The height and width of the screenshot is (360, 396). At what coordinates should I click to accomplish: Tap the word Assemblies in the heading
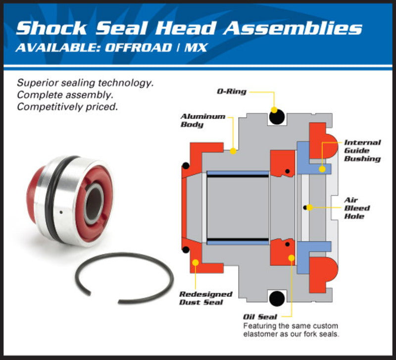click(292, 28)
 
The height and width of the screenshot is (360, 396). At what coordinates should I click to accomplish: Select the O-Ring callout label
click(231, 92)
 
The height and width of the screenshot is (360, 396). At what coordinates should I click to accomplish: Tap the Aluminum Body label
click(196, 121)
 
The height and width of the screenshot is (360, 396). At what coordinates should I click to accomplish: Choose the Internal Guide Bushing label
click(362, 151)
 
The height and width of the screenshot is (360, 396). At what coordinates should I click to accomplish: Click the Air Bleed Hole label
click(357, 208)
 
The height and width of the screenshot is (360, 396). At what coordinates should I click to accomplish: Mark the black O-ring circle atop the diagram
click(277, 117)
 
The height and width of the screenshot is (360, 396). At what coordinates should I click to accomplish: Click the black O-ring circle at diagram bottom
click(277, 298)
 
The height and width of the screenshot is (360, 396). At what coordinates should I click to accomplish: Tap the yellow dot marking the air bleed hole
click(309, 208)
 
